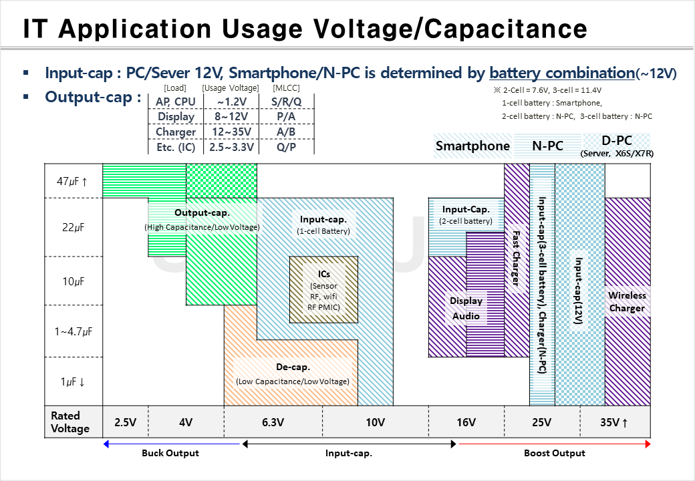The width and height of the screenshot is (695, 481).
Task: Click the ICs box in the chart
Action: [323, 290]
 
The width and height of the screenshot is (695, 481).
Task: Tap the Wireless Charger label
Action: [627, 301]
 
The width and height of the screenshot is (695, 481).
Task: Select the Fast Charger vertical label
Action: [516, 258]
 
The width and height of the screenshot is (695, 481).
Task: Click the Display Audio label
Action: [466, 308]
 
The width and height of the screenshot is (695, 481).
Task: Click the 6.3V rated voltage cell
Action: [273, 422]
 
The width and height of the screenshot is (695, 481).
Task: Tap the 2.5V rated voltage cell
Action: [126, 422]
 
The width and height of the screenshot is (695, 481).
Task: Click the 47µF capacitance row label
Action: [74, 180]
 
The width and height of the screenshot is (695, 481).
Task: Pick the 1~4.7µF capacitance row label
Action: [74, 331]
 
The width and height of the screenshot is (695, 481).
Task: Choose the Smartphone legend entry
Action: [472, 146]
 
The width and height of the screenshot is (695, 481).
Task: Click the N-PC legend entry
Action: [547, 146]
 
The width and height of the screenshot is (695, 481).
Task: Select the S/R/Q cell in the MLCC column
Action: [286, 102]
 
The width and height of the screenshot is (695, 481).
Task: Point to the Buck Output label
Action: [170, 453]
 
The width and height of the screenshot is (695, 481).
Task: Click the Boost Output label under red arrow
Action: [555, 453]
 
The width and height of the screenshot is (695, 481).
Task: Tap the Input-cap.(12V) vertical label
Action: [579, 291]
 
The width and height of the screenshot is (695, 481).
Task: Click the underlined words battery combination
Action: [561, 73]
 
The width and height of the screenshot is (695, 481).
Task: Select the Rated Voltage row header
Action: [70, 422]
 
